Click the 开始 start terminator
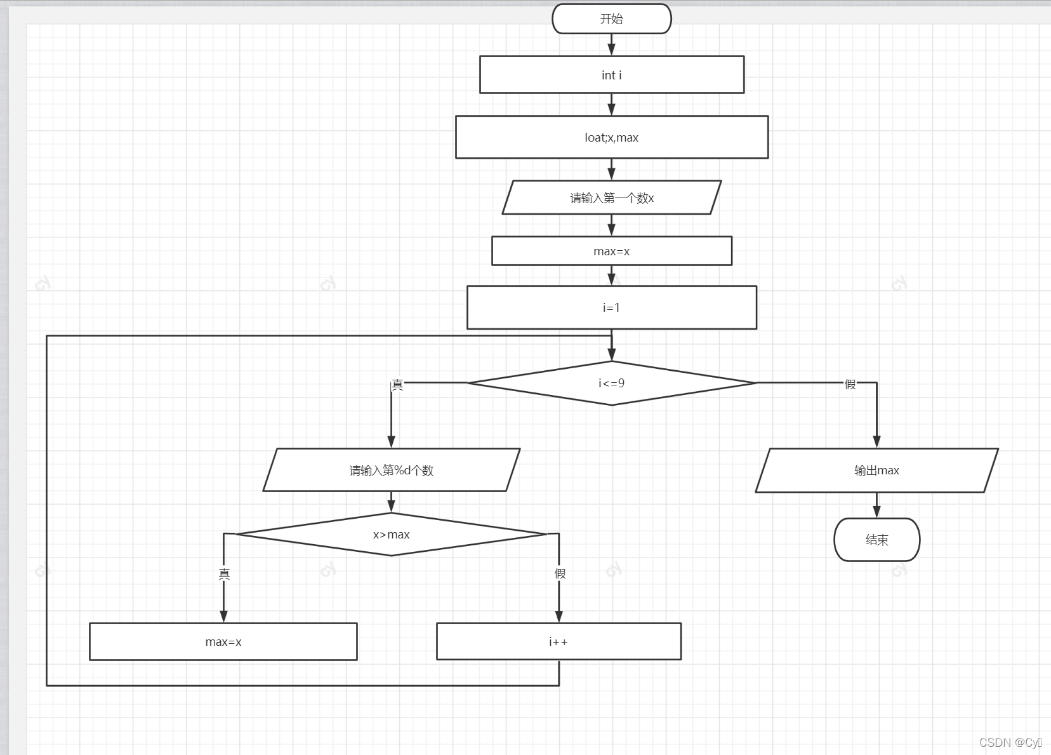coord(611,19)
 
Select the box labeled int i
coord(611,75)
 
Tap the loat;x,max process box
coord(611,137)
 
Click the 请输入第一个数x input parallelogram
coord(611,198)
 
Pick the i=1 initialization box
coord(611,307)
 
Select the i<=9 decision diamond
coord(611,383)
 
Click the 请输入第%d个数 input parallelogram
coord(391,471)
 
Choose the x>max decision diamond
coord(391,535)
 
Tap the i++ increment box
coord(559,642)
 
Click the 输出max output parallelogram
coord(876,471)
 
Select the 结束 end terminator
coord(876,540)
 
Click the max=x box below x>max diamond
coord(223,642)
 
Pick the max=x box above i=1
coord(611,251)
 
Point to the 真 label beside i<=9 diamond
coord(397,385)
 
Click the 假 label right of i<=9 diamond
coord(850,384)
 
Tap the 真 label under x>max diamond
coord(224,574)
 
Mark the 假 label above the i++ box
coord(560,573)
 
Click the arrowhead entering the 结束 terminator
coord(876,512)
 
